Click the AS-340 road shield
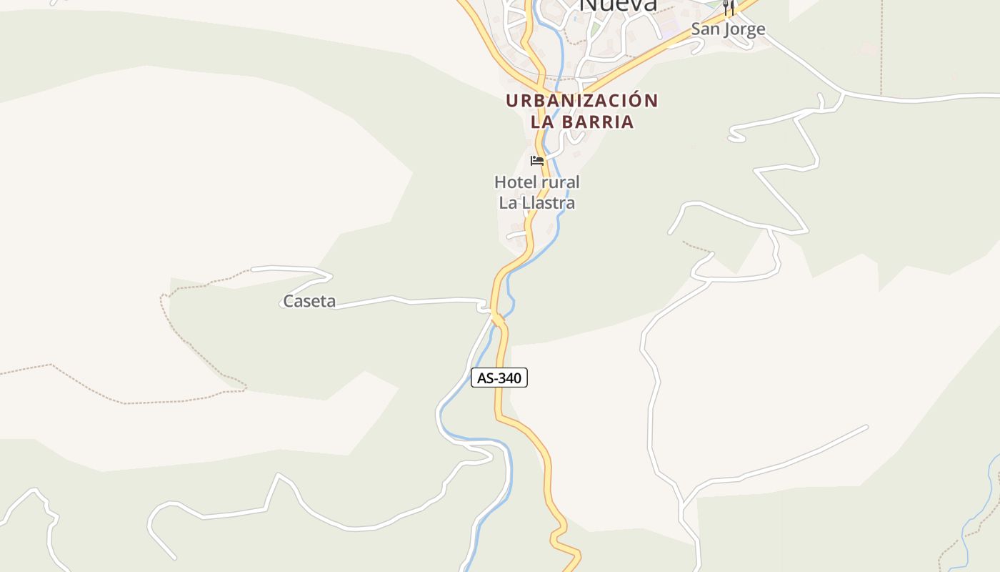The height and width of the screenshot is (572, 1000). (x=499, y=378)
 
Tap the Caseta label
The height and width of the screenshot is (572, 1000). (x=309, y=302)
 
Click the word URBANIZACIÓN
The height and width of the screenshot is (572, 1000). (x=581, y=101)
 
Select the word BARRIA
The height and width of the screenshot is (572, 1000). (x=599, y=122)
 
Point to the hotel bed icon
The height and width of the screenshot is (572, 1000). (x=537, y=161)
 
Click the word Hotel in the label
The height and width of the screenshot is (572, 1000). (x=512, y=182)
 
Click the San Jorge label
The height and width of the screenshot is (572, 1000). (x=728, y=29)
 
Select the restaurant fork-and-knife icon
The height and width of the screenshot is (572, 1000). (x=728, y=8)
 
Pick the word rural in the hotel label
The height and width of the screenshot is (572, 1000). (x=560, y=182)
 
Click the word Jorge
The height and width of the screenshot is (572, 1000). (x=744, y=29)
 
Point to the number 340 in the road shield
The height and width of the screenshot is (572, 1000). (x=510, y=378)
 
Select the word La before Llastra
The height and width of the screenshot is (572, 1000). (x=508, y=203)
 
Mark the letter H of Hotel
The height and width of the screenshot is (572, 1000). (x=500, y=182)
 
